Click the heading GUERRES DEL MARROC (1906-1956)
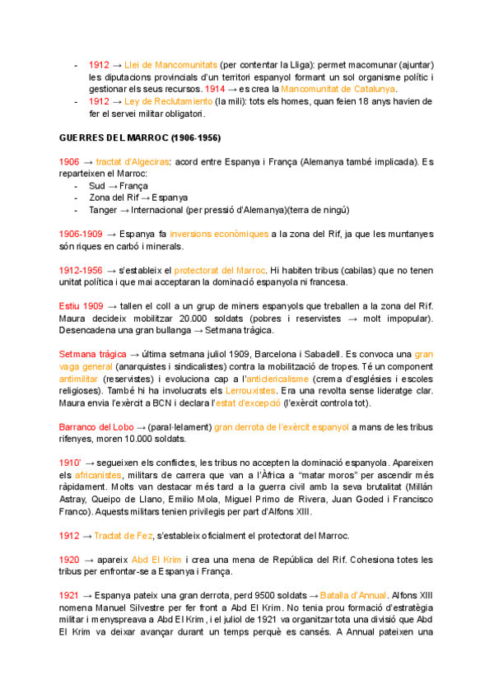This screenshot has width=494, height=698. (x=141, y=137)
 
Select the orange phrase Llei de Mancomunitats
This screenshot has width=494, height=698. (x=170, y=64)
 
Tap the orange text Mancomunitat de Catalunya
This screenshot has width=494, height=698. (x=338, y=88)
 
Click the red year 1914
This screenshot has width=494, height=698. (x=214, y=88)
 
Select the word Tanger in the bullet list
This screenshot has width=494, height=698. (x=103, y=209)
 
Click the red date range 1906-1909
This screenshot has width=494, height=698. (x=80, y=234)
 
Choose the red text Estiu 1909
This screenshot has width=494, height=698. (x=81, y=305)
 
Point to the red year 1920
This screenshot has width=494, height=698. (x=69, y=559)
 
